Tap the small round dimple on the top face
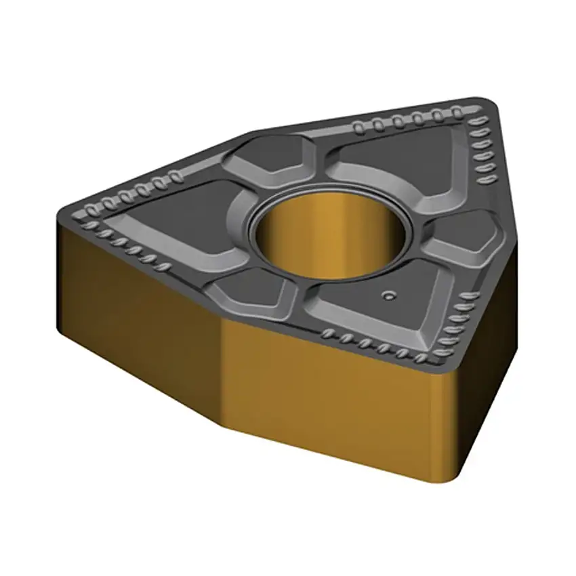(x=388, y=295)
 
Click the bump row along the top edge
(x=407, y=120)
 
